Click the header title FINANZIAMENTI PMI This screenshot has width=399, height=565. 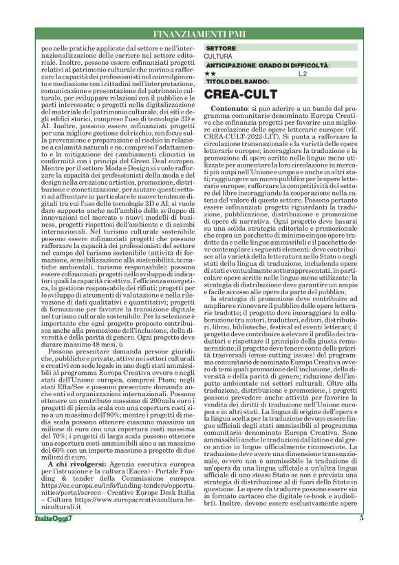199,33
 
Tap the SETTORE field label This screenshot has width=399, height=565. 222,48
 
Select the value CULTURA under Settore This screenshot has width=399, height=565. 219,56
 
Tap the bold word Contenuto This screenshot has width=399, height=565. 229,110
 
